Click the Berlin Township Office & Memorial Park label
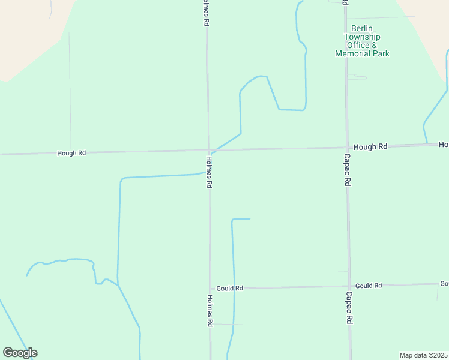362,41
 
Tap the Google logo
20,353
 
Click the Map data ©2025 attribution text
424,355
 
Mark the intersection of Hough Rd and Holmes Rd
209,150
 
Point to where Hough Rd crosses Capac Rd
348,147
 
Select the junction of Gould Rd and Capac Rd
349,286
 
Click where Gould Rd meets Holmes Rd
209,289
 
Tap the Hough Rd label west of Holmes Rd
71,153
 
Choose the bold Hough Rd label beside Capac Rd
370,146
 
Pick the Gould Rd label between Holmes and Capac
230,288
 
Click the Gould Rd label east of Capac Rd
369,286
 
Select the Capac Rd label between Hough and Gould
348,170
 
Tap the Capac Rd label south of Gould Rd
349,308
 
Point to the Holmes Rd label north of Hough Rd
206,12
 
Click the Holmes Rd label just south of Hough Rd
209,173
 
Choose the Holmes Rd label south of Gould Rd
210,310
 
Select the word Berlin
362,28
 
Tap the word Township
362,37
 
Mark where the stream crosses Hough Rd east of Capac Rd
427,145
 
